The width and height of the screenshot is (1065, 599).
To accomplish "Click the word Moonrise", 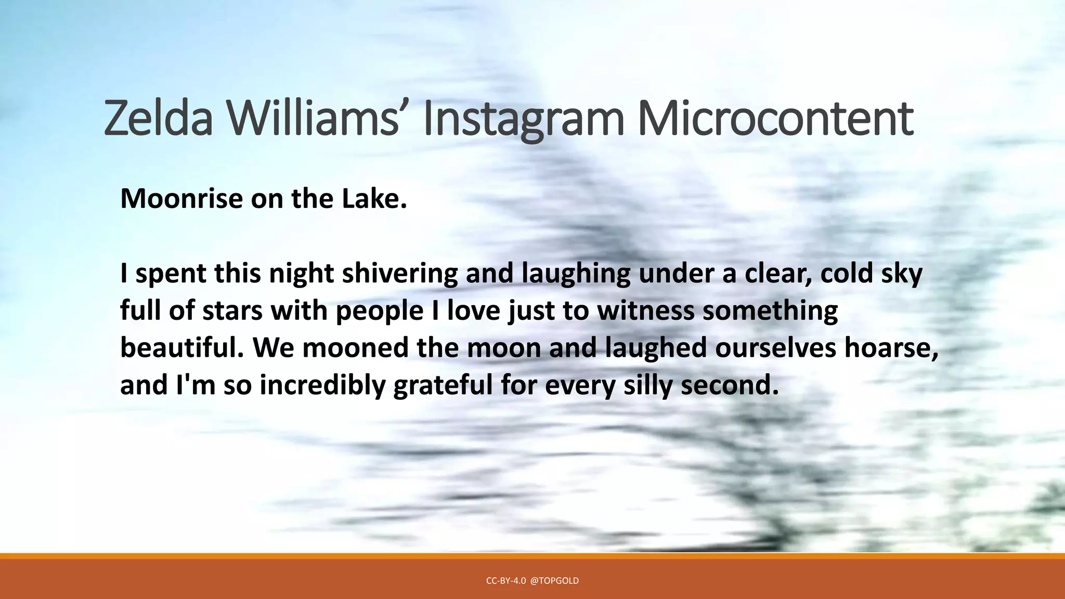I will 181,199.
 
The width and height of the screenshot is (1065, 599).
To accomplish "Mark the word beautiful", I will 182,348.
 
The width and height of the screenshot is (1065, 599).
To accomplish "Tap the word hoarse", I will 891,348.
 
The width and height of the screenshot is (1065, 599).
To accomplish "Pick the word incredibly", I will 322,386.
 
